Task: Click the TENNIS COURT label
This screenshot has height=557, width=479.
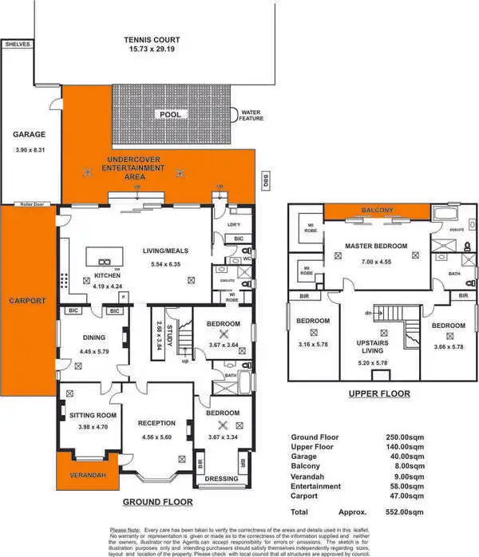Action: click(152, 39)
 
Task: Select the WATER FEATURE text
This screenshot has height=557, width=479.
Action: click(251, 116)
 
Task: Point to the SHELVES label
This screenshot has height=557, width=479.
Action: click(17, 45)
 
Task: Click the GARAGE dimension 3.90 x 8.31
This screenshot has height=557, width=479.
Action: click(29, 150)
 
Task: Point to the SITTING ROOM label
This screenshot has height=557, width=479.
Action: click(93, 415)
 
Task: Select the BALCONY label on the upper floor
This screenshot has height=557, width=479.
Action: click(378, 210)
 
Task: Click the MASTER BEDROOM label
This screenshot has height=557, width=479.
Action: click(376, 245)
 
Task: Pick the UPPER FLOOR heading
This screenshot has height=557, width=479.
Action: click(379, 393)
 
